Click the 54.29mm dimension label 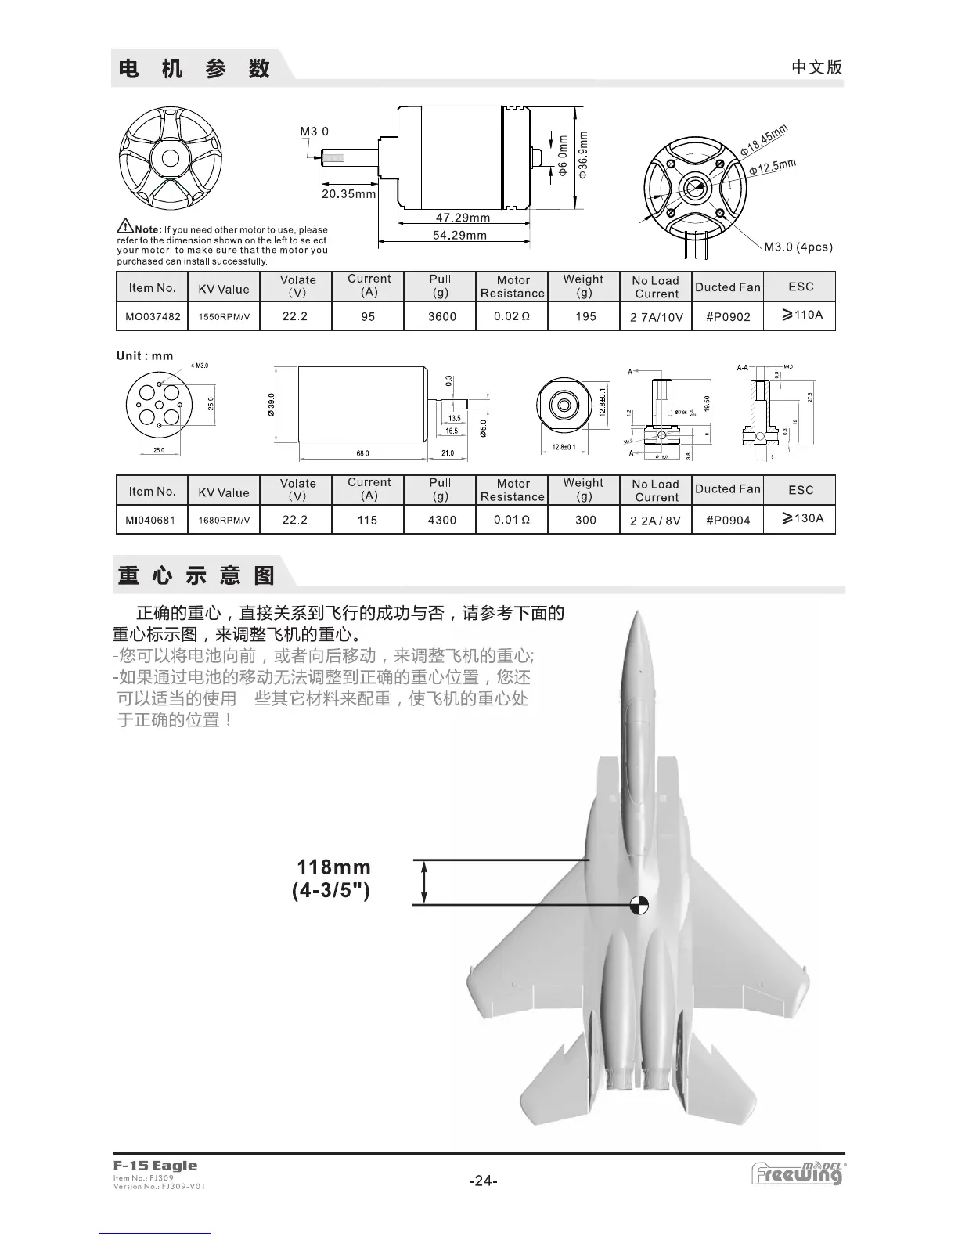459,235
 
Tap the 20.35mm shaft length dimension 349,193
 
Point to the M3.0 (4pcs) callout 798,247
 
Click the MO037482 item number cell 153,317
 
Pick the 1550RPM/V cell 224,317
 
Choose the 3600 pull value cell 441,317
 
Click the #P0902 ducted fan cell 728,317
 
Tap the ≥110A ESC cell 801,315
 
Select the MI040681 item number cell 150,521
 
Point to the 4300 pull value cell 441,521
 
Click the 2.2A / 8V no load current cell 655,521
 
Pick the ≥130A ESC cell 801,518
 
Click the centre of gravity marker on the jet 639,906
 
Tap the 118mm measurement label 333,867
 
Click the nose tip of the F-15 639,615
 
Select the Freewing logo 797,1173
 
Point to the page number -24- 483,1181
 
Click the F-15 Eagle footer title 155,1166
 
